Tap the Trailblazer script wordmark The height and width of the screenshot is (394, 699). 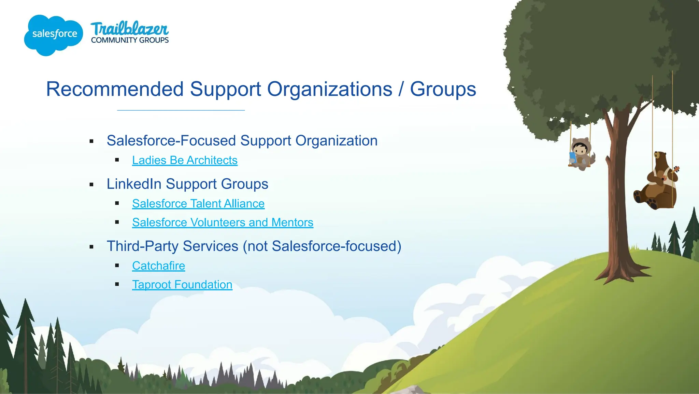[x=129, y=29]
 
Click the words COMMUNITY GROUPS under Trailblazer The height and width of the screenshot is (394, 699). [x=130, y=40]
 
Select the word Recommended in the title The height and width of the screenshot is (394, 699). [x=115, y=89]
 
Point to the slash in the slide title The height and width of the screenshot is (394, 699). [x=401, y=89]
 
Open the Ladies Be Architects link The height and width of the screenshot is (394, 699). [x=185, y=160]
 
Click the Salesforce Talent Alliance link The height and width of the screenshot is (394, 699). [x=198, y=204]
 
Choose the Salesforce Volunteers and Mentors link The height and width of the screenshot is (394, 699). [x=223, y=222]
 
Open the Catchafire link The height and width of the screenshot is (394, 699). [x=158, y=266]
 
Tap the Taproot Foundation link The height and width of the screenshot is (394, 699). [x=182, y=285]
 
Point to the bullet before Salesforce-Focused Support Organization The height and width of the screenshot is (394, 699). [x=91, y=141]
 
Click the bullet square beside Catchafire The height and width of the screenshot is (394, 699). [x=117, y=266]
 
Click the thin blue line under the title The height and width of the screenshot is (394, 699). [x=181, y=110]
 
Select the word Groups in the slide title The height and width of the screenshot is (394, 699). [x=443, y=89]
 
